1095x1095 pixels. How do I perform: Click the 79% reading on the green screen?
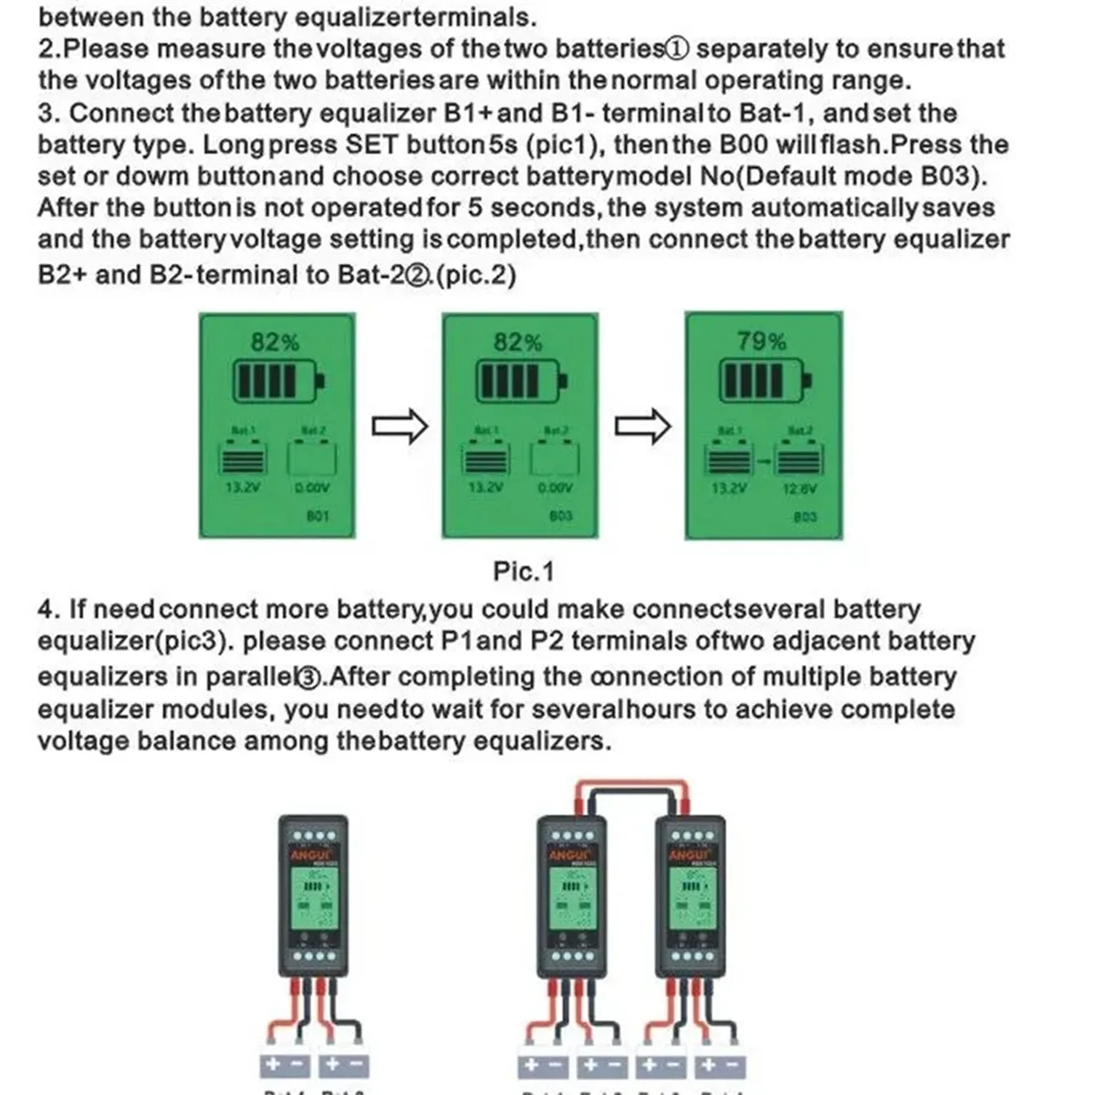click(x=762, y=341)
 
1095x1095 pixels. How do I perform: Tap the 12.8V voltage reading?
click(x=800, y=488)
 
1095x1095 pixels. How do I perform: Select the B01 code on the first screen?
click(x=317, y=516)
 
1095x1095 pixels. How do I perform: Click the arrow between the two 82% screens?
click(x=400, y=426)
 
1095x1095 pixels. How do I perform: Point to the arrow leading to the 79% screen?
click(x=642, y=426)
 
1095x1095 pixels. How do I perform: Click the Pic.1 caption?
click(x=524, y=572)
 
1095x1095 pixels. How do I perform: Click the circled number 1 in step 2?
click(x=678, y=49)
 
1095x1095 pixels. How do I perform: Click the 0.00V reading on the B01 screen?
click(x=312, y=488)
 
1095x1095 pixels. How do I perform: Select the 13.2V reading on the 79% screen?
click(x=728, y=488)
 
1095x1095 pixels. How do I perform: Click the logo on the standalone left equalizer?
click(x=313, y=855)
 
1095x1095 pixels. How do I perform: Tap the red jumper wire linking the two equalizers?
click(x=630, y=784)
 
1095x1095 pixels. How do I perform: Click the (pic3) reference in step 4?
click(x=191, y=641)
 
